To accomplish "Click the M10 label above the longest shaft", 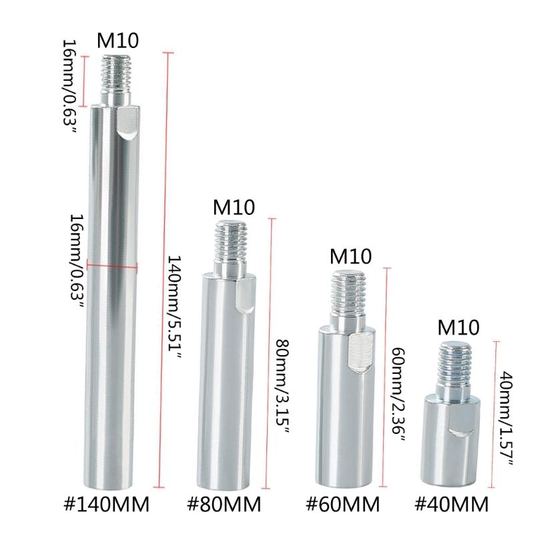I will point(118,41).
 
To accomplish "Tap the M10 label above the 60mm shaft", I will point(351,256).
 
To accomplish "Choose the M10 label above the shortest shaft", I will point(459,327).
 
